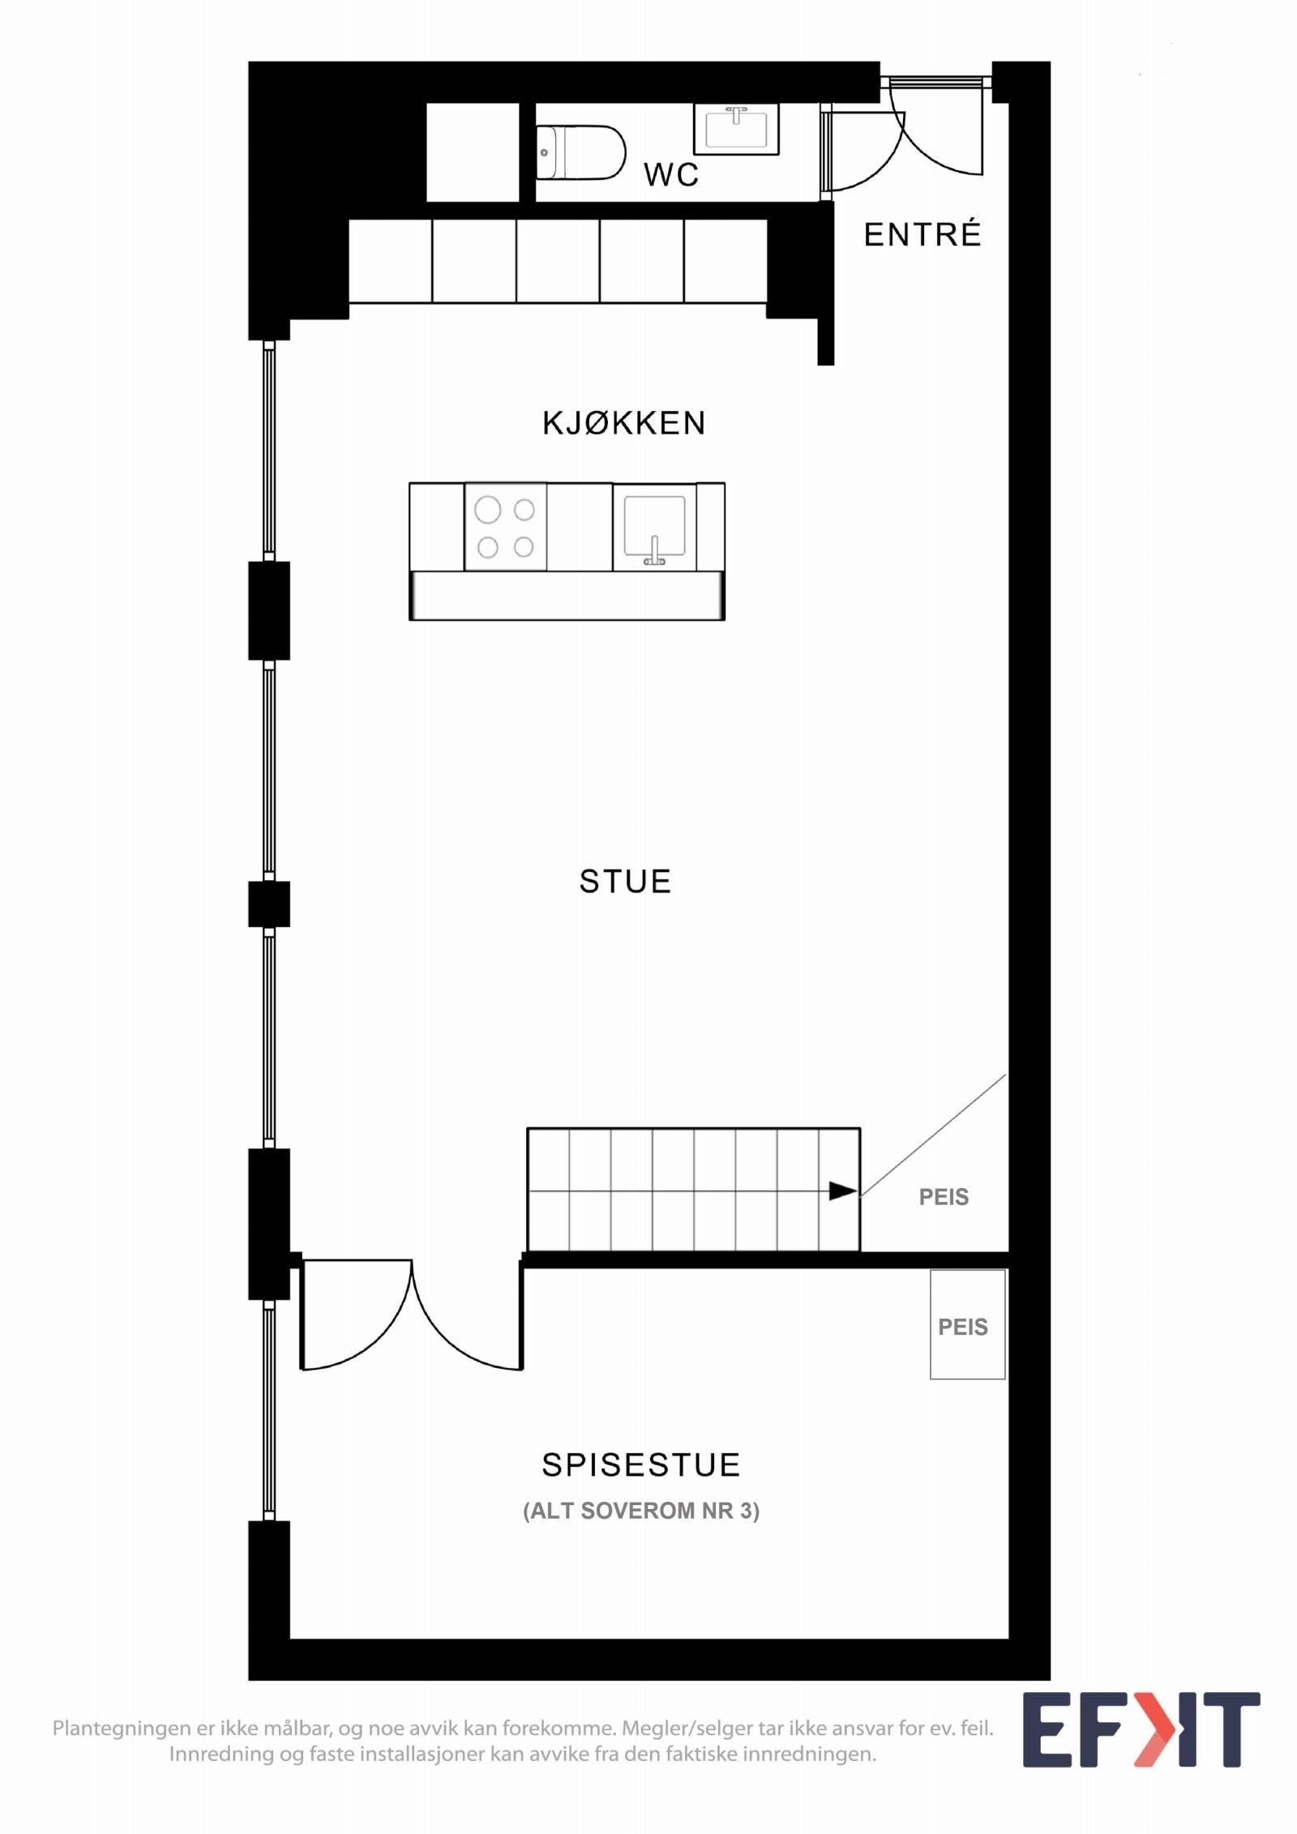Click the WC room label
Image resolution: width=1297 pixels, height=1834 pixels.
[x=671, y=174]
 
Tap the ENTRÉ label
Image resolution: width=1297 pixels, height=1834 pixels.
[x=922, y=235]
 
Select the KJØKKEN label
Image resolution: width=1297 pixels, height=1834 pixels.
[x=624, y=423]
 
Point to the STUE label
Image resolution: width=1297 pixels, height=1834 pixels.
[x=625, y=882]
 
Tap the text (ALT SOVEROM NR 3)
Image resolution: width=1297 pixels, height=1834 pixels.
[x=640, y=1511]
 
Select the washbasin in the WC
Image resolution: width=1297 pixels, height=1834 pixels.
[x=736, y=129]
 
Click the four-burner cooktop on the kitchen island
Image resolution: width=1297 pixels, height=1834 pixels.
[x=505, y=528]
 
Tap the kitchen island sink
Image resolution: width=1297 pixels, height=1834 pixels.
[x=654, y=527]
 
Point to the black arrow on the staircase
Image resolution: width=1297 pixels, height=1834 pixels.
[x=842, y=1191]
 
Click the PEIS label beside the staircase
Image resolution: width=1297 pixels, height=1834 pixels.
[x=944, y=1197]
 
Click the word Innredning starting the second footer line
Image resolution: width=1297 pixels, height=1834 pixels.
[x=220, y=1755]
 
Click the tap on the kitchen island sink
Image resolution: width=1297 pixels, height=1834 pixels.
[x=654, y=551]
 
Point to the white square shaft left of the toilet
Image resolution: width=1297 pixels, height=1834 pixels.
[x=473, y=152]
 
